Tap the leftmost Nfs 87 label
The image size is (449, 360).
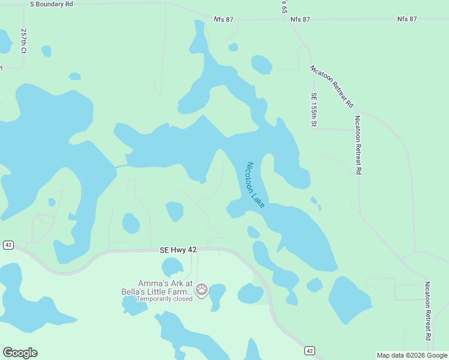pos(223,20)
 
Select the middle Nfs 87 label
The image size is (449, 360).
pos(300,20)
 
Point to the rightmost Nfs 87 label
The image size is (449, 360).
pos(407,19)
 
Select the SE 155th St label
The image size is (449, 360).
pos(313,110)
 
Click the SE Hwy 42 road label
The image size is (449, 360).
pos(178,249)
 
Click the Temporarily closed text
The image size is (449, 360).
pos(164,299)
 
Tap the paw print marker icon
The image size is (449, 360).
pos(202,290)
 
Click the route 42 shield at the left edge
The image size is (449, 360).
pos(8,245)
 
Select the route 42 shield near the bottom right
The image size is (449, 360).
pos(309,350)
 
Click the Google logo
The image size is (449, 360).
pos(20,353)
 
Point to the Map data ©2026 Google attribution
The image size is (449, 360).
pos(411,355)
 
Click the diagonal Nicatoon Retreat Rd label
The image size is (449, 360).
pos(331,86)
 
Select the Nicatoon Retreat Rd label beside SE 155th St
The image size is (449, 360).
pos(358,145)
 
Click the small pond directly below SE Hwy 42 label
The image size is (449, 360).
pos(173,266)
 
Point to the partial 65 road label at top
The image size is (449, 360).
pos(284,7)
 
